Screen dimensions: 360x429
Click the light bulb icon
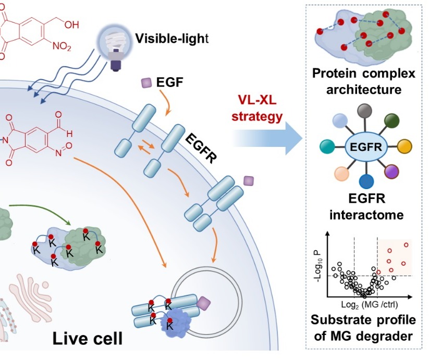point(113,46)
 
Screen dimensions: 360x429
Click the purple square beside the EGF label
point(146,82)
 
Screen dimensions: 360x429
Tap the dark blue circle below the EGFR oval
point(366,181)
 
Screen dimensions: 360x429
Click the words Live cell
point(87,339)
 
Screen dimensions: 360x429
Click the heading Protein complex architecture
point(364,81)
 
